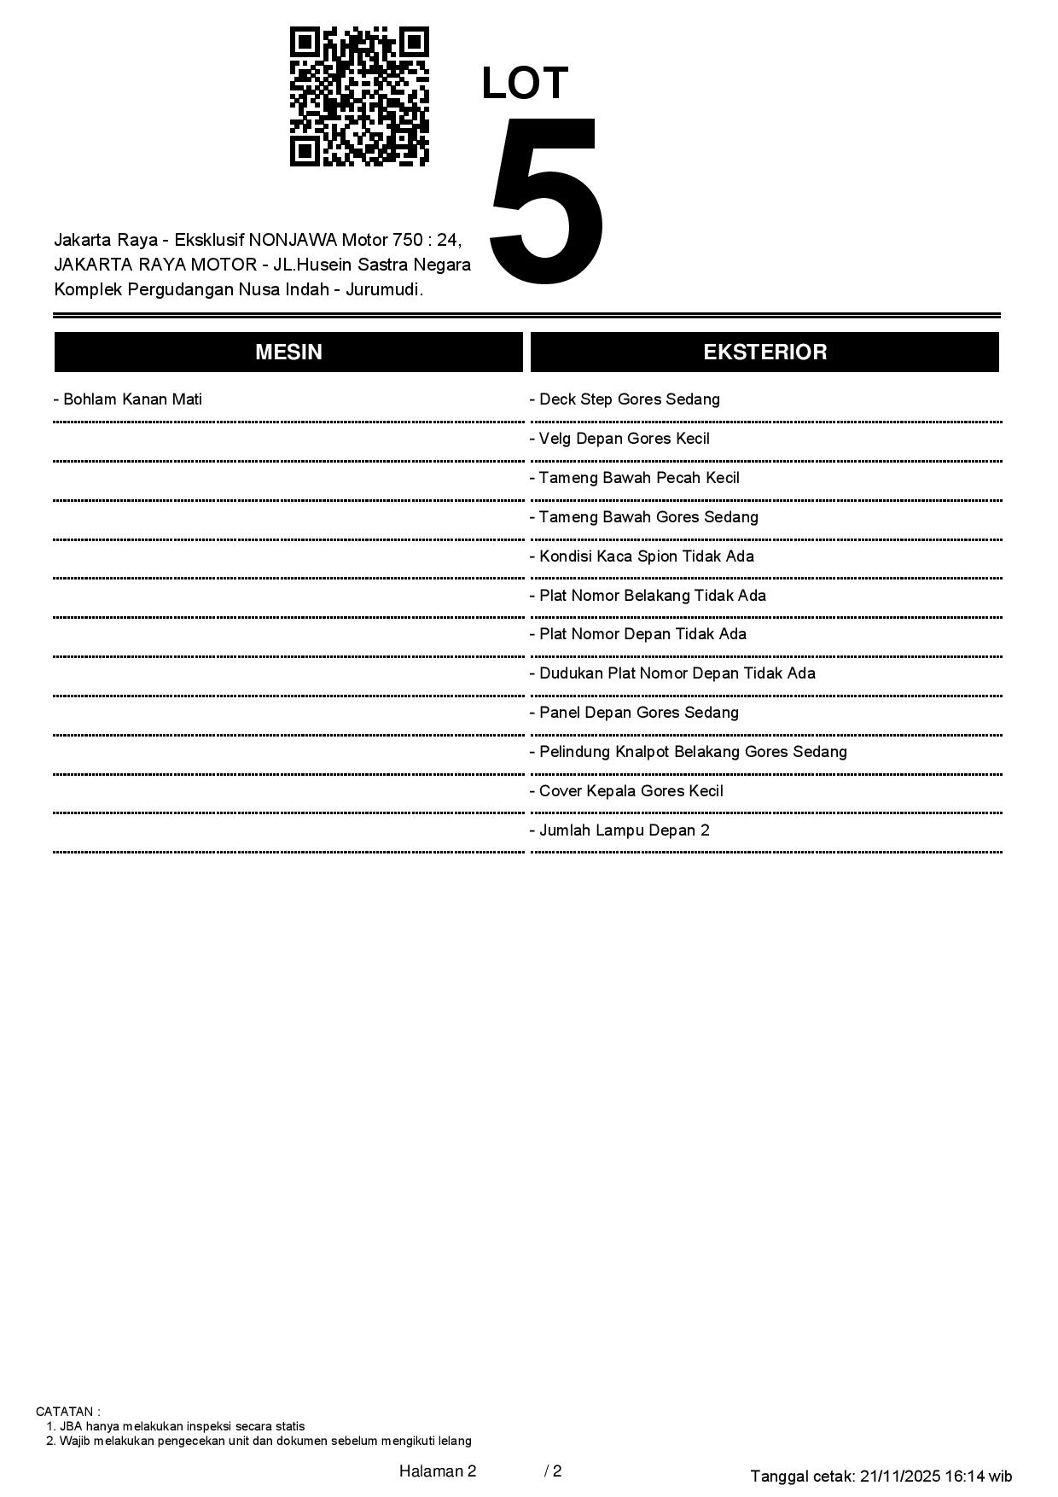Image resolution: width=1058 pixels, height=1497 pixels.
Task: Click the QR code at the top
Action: [x=359, y=96]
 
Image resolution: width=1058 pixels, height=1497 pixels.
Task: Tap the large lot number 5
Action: [x=546, y=201]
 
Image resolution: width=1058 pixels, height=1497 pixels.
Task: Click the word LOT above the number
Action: [x=525, y=84]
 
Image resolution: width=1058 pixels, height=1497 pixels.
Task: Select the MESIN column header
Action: [x=288, y=352]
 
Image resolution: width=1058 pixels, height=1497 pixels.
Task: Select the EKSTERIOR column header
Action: [x=764, y=352]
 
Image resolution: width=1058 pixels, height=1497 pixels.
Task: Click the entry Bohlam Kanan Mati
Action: [x=128, y=399]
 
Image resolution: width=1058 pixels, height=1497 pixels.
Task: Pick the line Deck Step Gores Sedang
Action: [x=625, y=399]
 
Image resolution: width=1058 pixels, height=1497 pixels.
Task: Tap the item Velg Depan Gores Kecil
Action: [x=619, y=439]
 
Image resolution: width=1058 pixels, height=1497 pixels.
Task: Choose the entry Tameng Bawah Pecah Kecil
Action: [x=634, y=478]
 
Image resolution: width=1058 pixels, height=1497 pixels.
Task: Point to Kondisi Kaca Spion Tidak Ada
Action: [x=642, y=556]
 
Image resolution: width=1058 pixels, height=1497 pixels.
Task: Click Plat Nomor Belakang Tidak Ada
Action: [x=648, y=596]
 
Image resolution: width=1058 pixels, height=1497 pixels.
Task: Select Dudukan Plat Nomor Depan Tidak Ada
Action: [x=672, y=673]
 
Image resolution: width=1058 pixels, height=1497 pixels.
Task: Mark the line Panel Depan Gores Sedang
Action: [x=634, y=713]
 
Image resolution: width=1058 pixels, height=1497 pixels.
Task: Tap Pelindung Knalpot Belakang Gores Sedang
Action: [x=688, y=752]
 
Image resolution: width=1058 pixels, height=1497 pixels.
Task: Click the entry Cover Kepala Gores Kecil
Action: [x=626, y=791]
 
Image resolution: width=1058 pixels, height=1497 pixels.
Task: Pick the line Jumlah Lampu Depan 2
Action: [x=619, y=830]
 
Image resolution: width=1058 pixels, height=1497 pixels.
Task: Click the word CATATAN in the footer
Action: [x=67, y=1412]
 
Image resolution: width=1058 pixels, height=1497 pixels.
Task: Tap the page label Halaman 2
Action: [x=437, y=1471]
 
